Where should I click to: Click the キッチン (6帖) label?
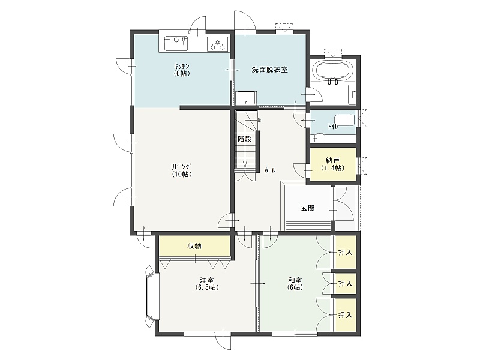tap(182, 70)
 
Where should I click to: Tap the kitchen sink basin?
tap(176, 43)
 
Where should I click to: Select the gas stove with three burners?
tap(218, 44)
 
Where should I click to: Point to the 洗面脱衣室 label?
tap(269, 70)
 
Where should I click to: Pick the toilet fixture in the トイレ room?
tap(344, 120)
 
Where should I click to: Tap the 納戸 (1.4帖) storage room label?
tap(333, 164)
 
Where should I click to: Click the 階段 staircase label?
tap(245, 139)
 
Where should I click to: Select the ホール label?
tap(269, 170)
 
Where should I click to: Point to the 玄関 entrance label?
tap(308, 208)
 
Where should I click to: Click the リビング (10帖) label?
tap(182, 170)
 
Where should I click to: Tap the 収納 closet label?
tap(194, 246)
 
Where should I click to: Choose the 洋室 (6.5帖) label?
tap(207, 284)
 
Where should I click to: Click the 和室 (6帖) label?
tap(295, 284)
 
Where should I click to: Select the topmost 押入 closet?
tap(346, 252)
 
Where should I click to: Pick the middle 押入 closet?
tap(346, 283)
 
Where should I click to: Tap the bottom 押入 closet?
tap(346, 314)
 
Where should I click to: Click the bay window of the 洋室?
tap(152, 296)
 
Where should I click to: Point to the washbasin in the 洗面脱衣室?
tap(247, 98)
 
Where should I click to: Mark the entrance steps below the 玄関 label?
tap(308, 226)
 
